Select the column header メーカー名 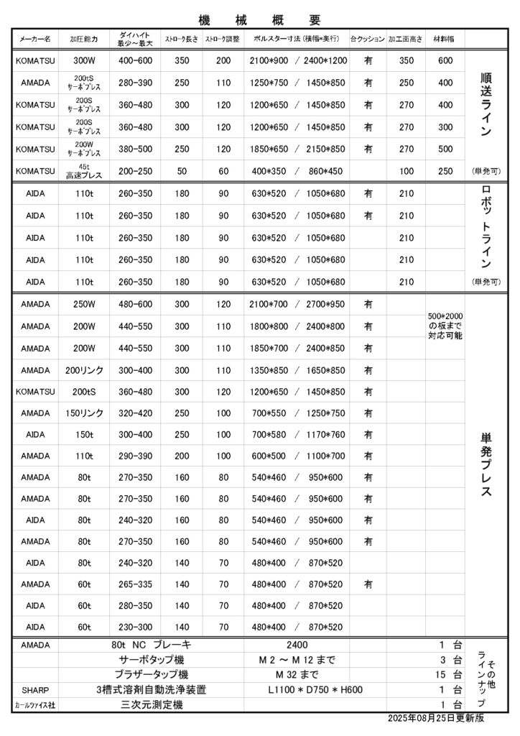pos(35,39)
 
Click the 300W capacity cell pos(84,60)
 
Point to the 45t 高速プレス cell pos(84,171)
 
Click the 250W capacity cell pos(84,304)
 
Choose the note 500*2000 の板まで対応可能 pos(445,326)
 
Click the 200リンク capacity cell pos(84,370)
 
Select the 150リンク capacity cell pos(84,413)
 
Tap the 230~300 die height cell pos(136,627)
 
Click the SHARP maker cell pos(35,689)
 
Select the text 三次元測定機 pos(152,705)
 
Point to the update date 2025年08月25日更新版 pos(435,719)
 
